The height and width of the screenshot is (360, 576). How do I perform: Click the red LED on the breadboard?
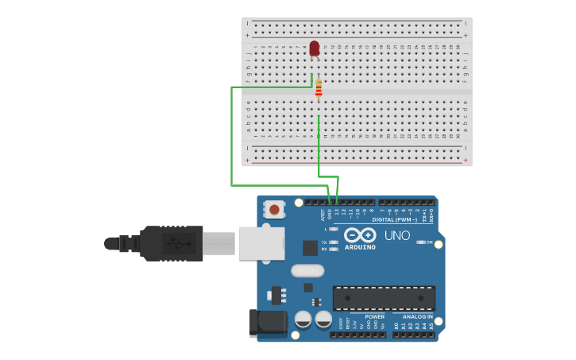tap(315, 48)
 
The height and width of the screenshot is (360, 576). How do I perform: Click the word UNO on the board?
tap(397, 236)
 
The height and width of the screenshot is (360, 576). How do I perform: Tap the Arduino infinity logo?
tap(360, 235)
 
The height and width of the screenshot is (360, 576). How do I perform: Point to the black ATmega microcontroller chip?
tap(384, 298)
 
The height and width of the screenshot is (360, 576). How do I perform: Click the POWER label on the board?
tap(374, 316)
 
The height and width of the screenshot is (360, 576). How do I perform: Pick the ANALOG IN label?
tap(417, 316)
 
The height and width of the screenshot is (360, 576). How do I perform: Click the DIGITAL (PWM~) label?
tap(394, 219)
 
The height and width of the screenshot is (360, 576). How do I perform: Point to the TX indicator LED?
tap(334, 242)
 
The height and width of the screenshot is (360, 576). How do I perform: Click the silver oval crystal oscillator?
tap(307, 270)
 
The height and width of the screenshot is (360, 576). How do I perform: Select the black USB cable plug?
tap(171, 243)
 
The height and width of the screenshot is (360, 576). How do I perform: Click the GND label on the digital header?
tap(330, 214)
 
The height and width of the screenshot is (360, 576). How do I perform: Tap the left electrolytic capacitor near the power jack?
tap(303, 319)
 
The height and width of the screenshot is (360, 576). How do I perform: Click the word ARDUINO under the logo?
tap(360, 247)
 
